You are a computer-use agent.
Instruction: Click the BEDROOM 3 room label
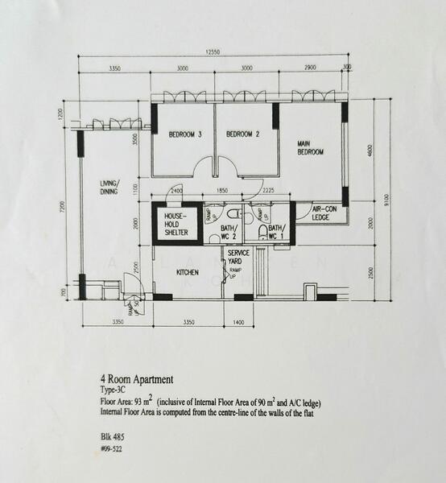[184, 134]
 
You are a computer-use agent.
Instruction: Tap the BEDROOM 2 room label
[241, 134]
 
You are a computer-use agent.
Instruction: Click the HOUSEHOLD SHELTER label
[176, 225]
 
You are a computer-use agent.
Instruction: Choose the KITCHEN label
[187, 273]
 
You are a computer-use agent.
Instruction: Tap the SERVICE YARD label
[238, 258]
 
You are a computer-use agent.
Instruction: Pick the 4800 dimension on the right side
[370, 151]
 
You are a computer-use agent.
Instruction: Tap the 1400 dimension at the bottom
[238, 322]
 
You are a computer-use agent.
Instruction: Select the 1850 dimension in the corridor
[222, 191]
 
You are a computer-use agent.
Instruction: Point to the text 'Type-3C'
[114, 388]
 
